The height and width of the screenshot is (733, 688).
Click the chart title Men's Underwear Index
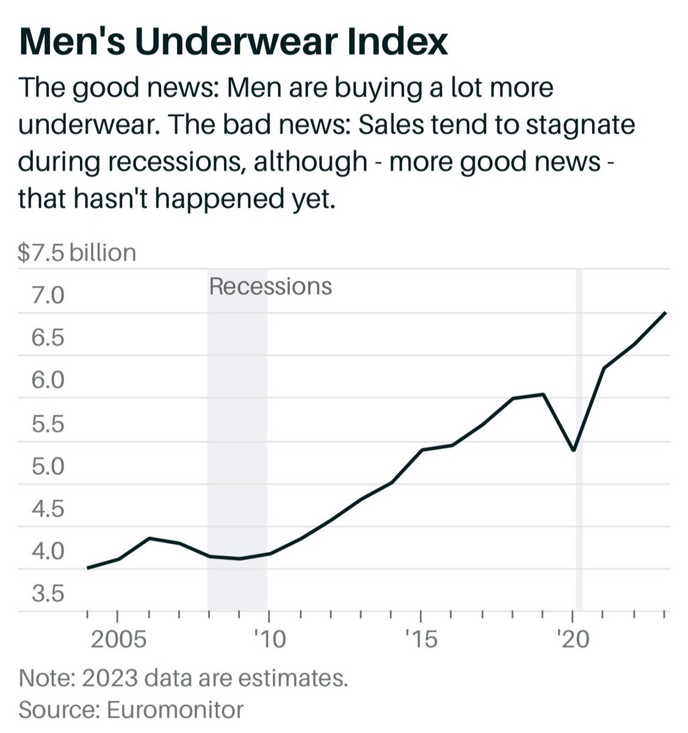tap(233, 42)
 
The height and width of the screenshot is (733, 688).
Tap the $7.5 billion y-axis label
tap(77, 252)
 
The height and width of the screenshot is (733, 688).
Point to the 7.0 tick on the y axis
tap(48, 296)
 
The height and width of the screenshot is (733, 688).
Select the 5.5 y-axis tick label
tap(48, 424)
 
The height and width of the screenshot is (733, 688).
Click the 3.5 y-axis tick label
tap(48, 594)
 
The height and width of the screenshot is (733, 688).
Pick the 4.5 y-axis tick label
tap(48, 509)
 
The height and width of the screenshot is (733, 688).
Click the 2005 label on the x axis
tap(118, 639)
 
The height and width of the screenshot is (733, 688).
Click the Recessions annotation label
tap(270, 286)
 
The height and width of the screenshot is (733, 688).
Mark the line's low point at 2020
tap(574, 450)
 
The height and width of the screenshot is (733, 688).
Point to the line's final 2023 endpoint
tap(664, 313)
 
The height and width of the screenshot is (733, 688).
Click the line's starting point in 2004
tap(88, 568)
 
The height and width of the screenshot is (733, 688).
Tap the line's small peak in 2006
tap(149, 538)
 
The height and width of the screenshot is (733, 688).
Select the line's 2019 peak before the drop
tap(543, 394)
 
